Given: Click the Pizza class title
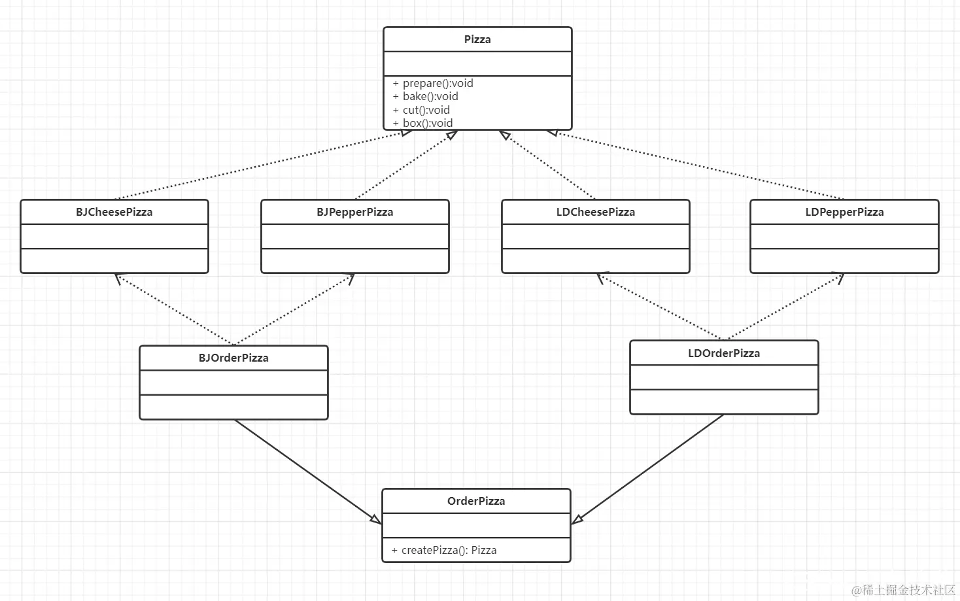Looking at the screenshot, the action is (477, 39).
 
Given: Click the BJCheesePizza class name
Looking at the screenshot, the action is (114, 212).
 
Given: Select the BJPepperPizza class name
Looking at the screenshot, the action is (355, 212).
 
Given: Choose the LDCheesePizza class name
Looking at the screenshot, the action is (596, 212).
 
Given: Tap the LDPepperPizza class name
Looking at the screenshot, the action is (844, 212).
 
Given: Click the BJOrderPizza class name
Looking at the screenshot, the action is (233, 358).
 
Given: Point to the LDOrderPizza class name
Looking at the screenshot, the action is (724, 353).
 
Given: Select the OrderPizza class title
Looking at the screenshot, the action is (476, 501).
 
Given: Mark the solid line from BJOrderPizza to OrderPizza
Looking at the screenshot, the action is (308, 472).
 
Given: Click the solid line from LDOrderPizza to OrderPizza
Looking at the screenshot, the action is (647, 469).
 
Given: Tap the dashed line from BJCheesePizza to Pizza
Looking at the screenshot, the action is (264, 165).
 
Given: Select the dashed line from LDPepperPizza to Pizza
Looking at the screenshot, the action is (696, 165).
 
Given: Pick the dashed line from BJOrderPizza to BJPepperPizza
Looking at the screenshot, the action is (294, 309).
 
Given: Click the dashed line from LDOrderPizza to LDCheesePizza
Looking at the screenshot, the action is (660, 307).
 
